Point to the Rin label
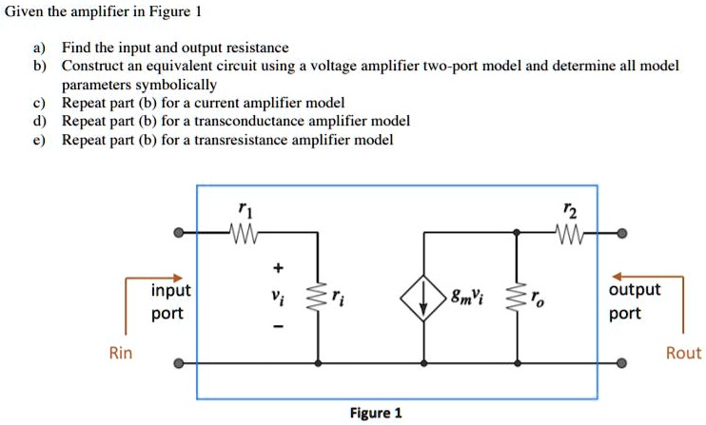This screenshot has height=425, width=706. pos(121,353)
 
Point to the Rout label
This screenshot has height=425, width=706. pos(683,353)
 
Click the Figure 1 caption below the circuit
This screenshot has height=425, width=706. pos(376,413)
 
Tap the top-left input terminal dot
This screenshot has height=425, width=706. pos(178,232)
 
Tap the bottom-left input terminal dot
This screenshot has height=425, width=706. pos(178,363)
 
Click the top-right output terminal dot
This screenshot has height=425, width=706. pos(621,232)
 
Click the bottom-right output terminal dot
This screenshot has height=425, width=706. pos(621,363)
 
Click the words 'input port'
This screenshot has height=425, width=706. pos(170,301)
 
